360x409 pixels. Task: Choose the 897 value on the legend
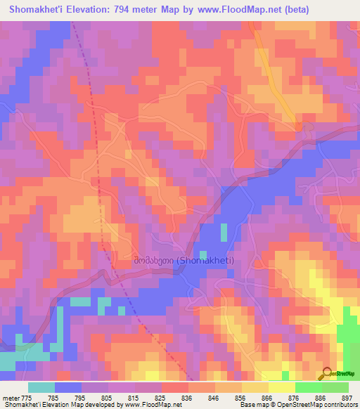345,397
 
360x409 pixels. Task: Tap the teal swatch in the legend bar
41,387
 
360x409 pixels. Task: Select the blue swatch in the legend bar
68,387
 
